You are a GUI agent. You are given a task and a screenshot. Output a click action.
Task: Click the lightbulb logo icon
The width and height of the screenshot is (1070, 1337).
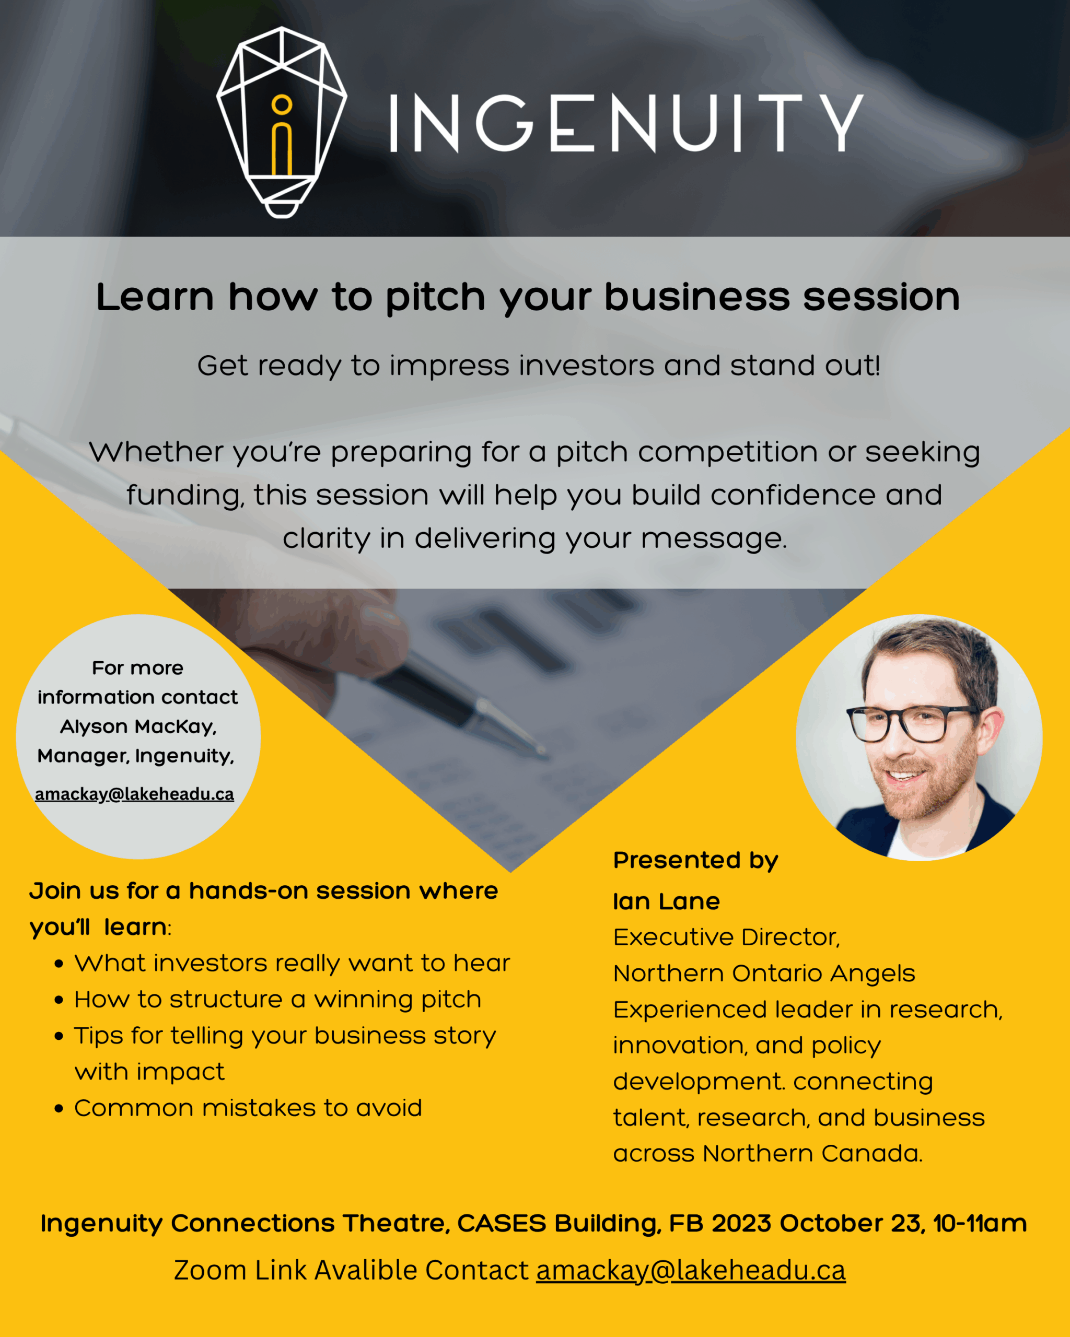pos(282,122)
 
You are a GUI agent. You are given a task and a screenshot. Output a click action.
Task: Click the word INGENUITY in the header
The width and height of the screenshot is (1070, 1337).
pos(626,123)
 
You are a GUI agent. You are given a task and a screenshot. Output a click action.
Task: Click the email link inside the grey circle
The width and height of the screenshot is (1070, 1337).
pos(135,794)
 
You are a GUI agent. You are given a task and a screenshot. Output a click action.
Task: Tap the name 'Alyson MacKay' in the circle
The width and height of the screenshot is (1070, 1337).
pos(138,727)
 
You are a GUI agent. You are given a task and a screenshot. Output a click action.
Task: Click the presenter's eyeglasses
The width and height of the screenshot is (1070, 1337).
pos(910,723)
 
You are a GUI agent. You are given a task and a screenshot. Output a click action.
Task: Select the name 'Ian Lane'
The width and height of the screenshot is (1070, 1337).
pos(666,901)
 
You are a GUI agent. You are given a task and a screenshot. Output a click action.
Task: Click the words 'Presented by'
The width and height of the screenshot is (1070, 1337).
pos(695,861)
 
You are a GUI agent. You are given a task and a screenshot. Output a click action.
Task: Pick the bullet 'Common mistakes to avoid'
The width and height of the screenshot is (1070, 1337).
pos(248,1108)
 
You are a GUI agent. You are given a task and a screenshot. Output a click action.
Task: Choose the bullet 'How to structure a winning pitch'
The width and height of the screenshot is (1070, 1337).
pos(278,1000)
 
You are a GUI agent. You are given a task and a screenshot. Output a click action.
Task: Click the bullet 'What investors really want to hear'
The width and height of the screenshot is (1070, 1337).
pos(292,963)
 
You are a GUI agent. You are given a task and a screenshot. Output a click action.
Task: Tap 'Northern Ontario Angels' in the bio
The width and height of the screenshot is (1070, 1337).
pos(764,974)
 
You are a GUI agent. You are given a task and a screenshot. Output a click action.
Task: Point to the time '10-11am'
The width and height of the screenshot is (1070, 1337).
pos(980,1224)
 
